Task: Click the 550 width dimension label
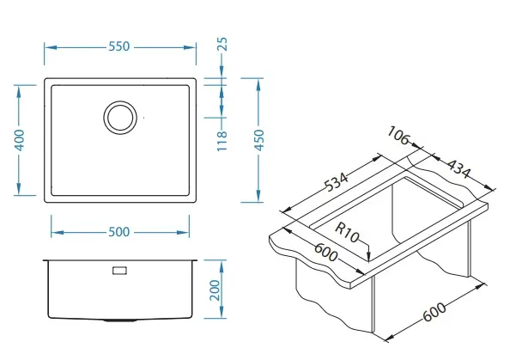(119, 46)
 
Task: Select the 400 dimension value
(20, 140)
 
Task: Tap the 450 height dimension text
(259, 140)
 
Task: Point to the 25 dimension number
(222, 44)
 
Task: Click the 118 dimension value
(222, 141)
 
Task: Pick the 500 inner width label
(119, 232)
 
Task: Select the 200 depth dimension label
(215, 290)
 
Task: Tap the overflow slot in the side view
(120, 271)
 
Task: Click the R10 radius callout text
(347, 232)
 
